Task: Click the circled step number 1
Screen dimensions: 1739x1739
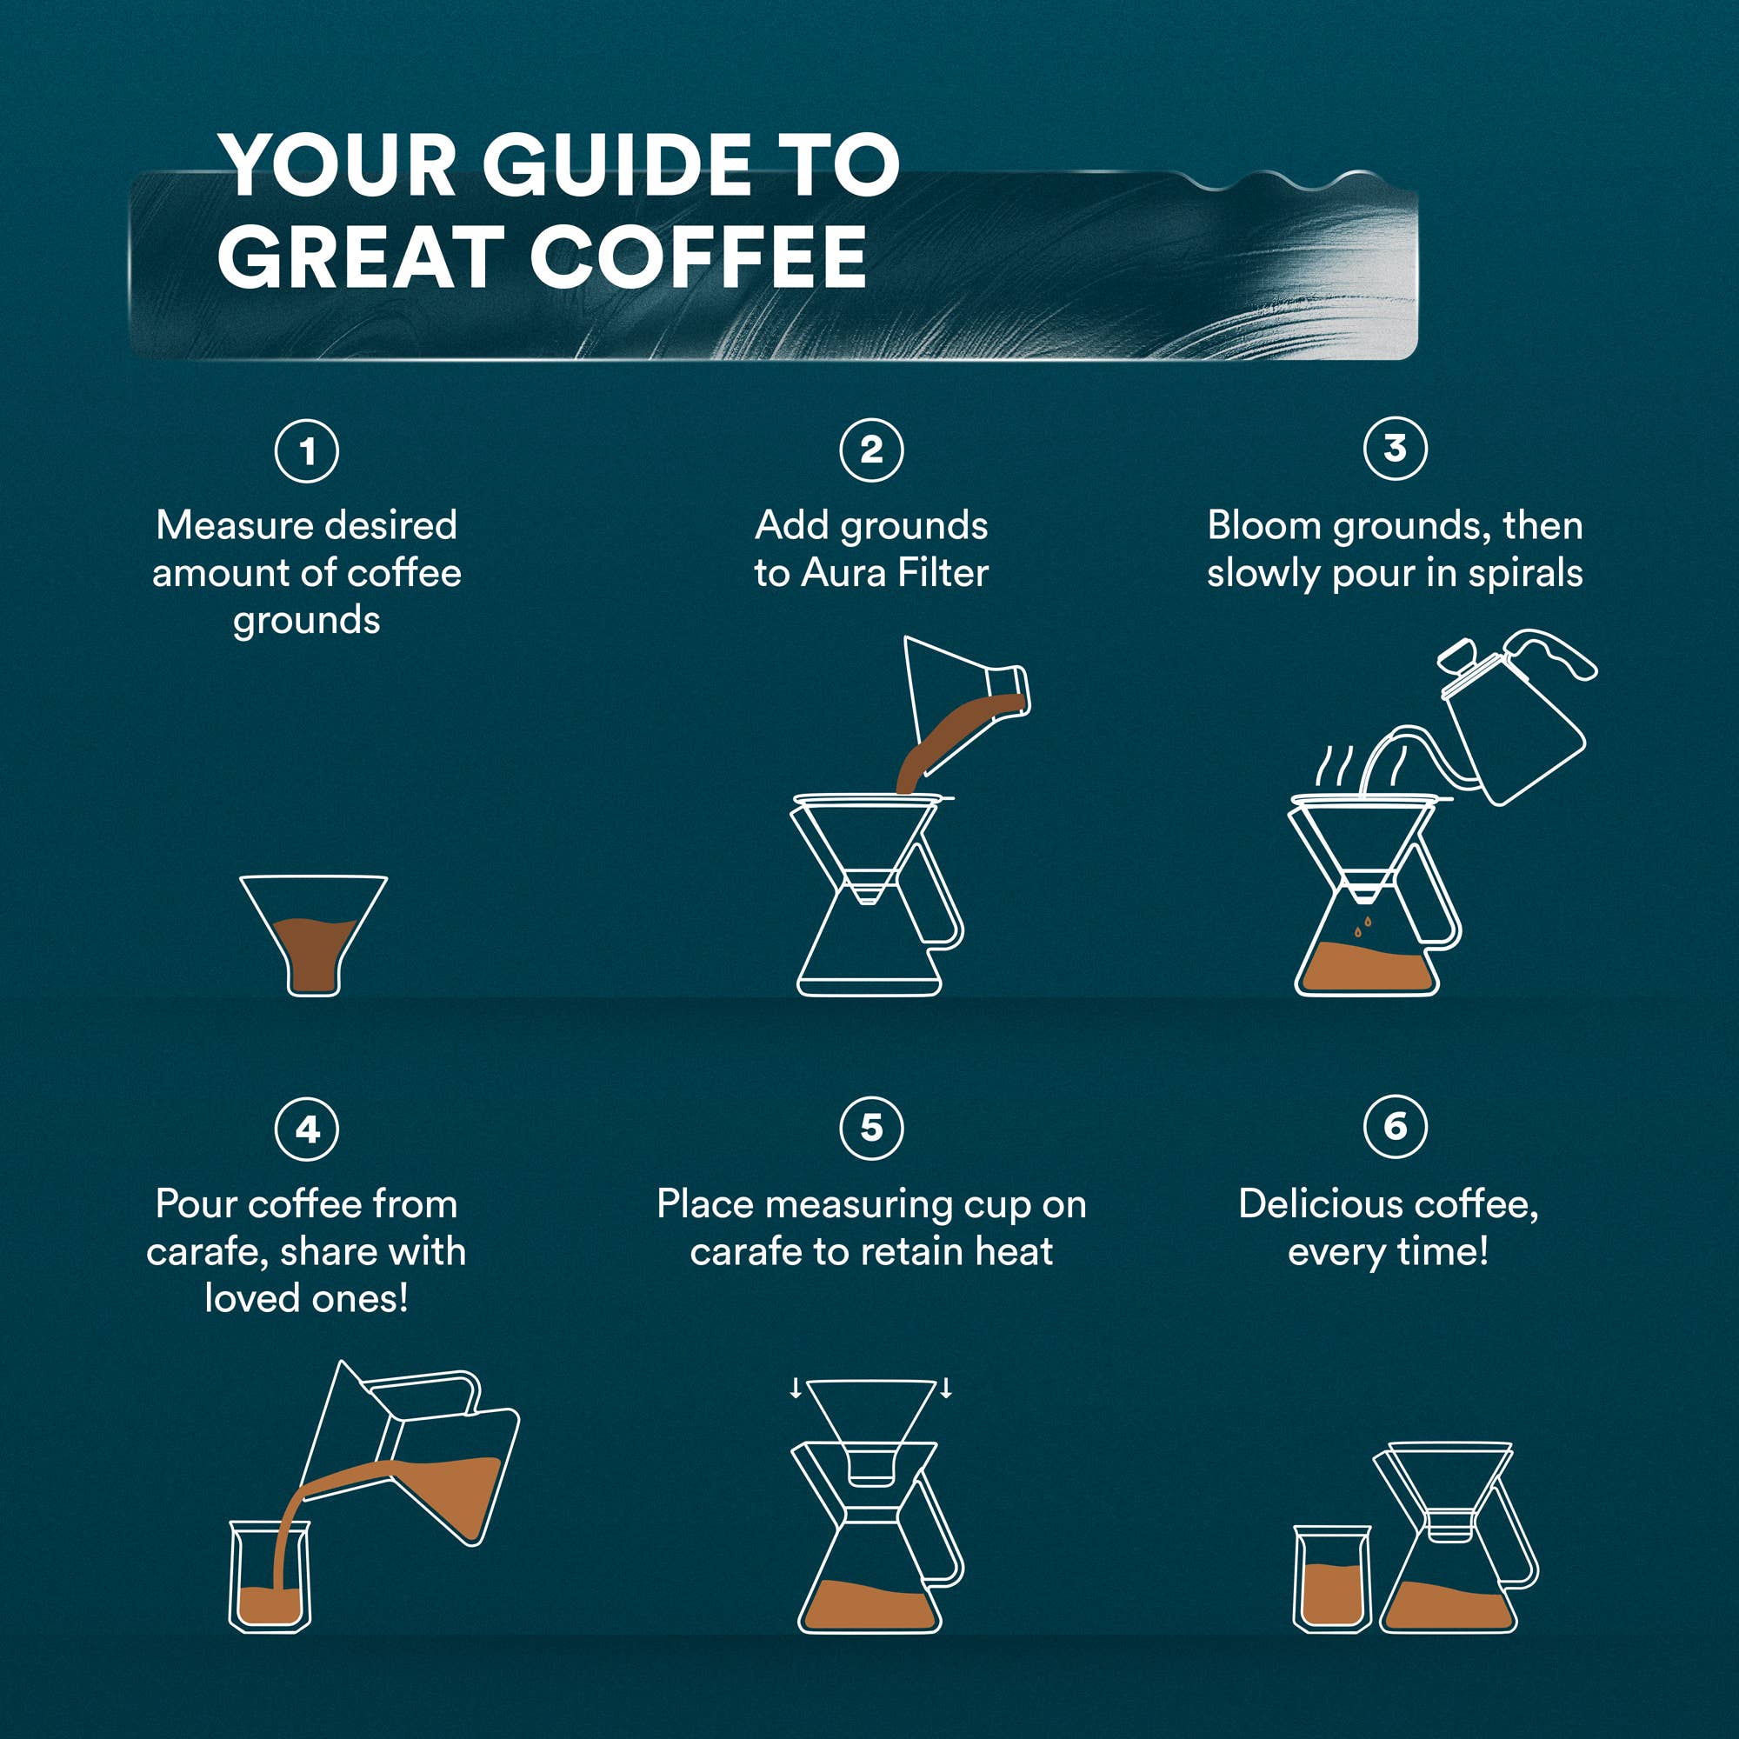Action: click(307, 451)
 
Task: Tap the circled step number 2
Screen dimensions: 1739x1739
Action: click(871, 450)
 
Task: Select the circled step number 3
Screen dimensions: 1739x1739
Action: click(1396, 449)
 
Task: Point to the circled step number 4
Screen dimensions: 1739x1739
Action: click(307, 1129)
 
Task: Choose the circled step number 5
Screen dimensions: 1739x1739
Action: click(871, 1128)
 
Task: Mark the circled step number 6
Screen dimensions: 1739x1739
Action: click(1396, 1126)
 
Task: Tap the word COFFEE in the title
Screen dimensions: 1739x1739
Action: click(698, 257)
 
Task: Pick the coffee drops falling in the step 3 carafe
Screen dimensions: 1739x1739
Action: click(1363, 927)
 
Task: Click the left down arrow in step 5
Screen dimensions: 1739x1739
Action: click(796, 1388)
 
